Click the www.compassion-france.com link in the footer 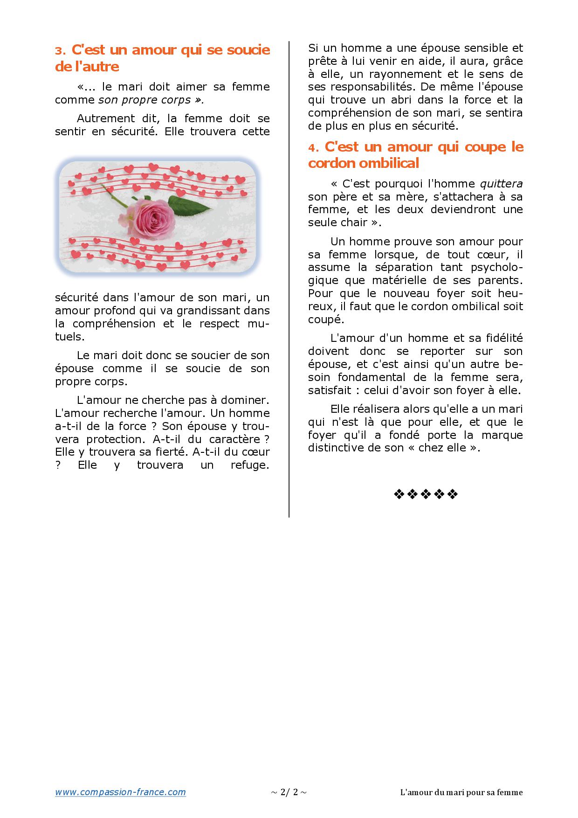[120, 792]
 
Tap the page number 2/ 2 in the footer [289, 792]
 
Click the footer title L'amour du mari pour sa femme [461, 792]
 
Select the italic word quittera [501, 184]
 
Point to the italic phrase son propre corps [144, 100]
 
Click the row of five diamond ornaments [426, 494]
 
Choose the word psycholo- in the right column [496, 267]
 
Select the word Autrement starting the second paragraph [104, 118]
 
